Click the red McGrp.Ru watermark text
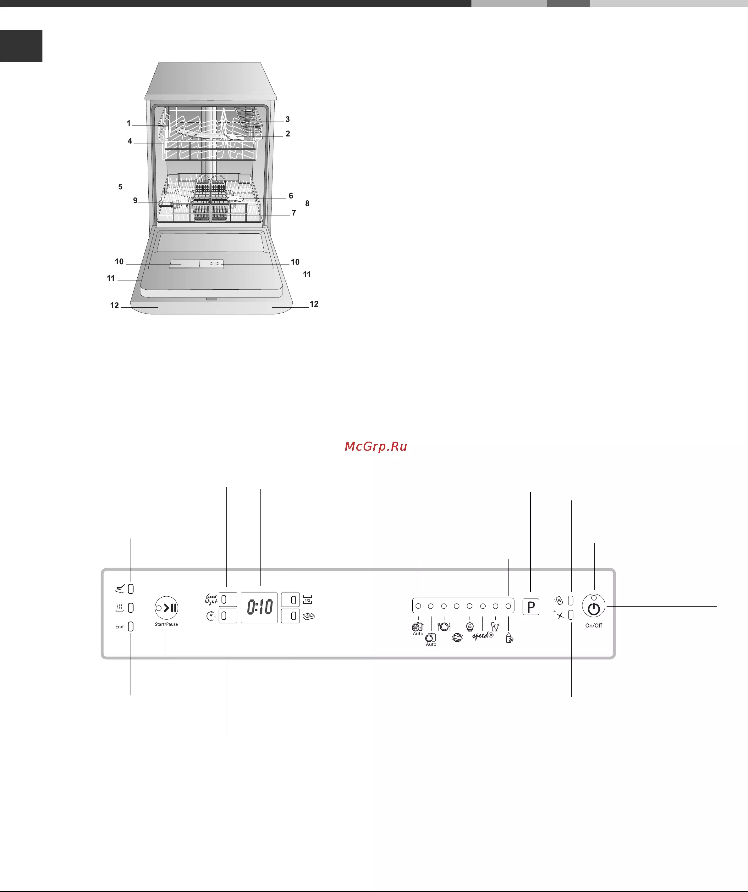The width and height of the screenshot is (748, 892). click(376, 446)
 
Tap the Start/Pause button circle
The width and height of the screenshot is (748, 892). click(166, 608)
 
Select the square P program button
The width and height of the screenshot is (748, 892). click(531, 607)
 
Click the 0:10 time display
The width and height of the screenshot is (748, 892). click(259, 607)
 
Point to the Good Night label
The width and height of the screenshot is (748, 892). click(211, 599)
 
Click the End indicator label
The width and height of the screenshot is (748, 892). click(119, 627)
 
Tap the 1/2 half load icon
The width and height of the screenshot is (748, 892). click(307, 599)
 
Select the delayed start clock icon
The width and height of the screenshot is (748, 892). click(211, 616)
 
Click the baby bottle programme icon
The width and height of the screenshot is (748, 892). click(509, 638)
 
